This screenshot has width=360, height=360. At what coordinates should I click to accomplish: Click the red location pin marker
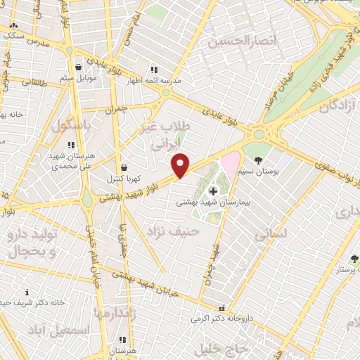point(181,165)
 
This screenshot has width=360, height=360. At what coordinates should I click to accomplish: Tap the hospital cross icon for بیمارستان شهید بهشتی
point(213,191)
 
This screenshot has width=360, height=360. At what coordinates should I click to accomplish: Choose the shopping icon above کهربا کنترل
point(124,168)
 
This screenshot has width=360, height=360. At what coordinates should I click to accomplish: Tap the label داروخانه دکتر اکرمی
point(224,318)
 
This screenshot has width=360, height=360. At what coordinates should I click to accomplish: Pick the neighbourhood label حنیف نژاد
point(173,230)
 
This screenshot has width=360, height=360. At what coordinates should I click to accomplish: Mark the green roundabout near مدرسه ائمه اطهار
point(166,91)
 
